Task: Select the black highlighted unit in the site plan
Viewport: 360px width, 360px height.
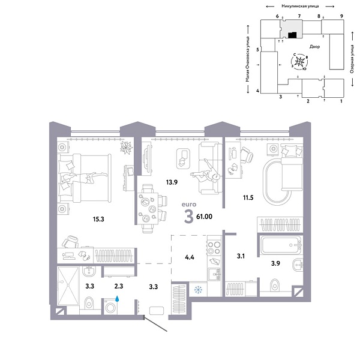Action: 291,35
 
